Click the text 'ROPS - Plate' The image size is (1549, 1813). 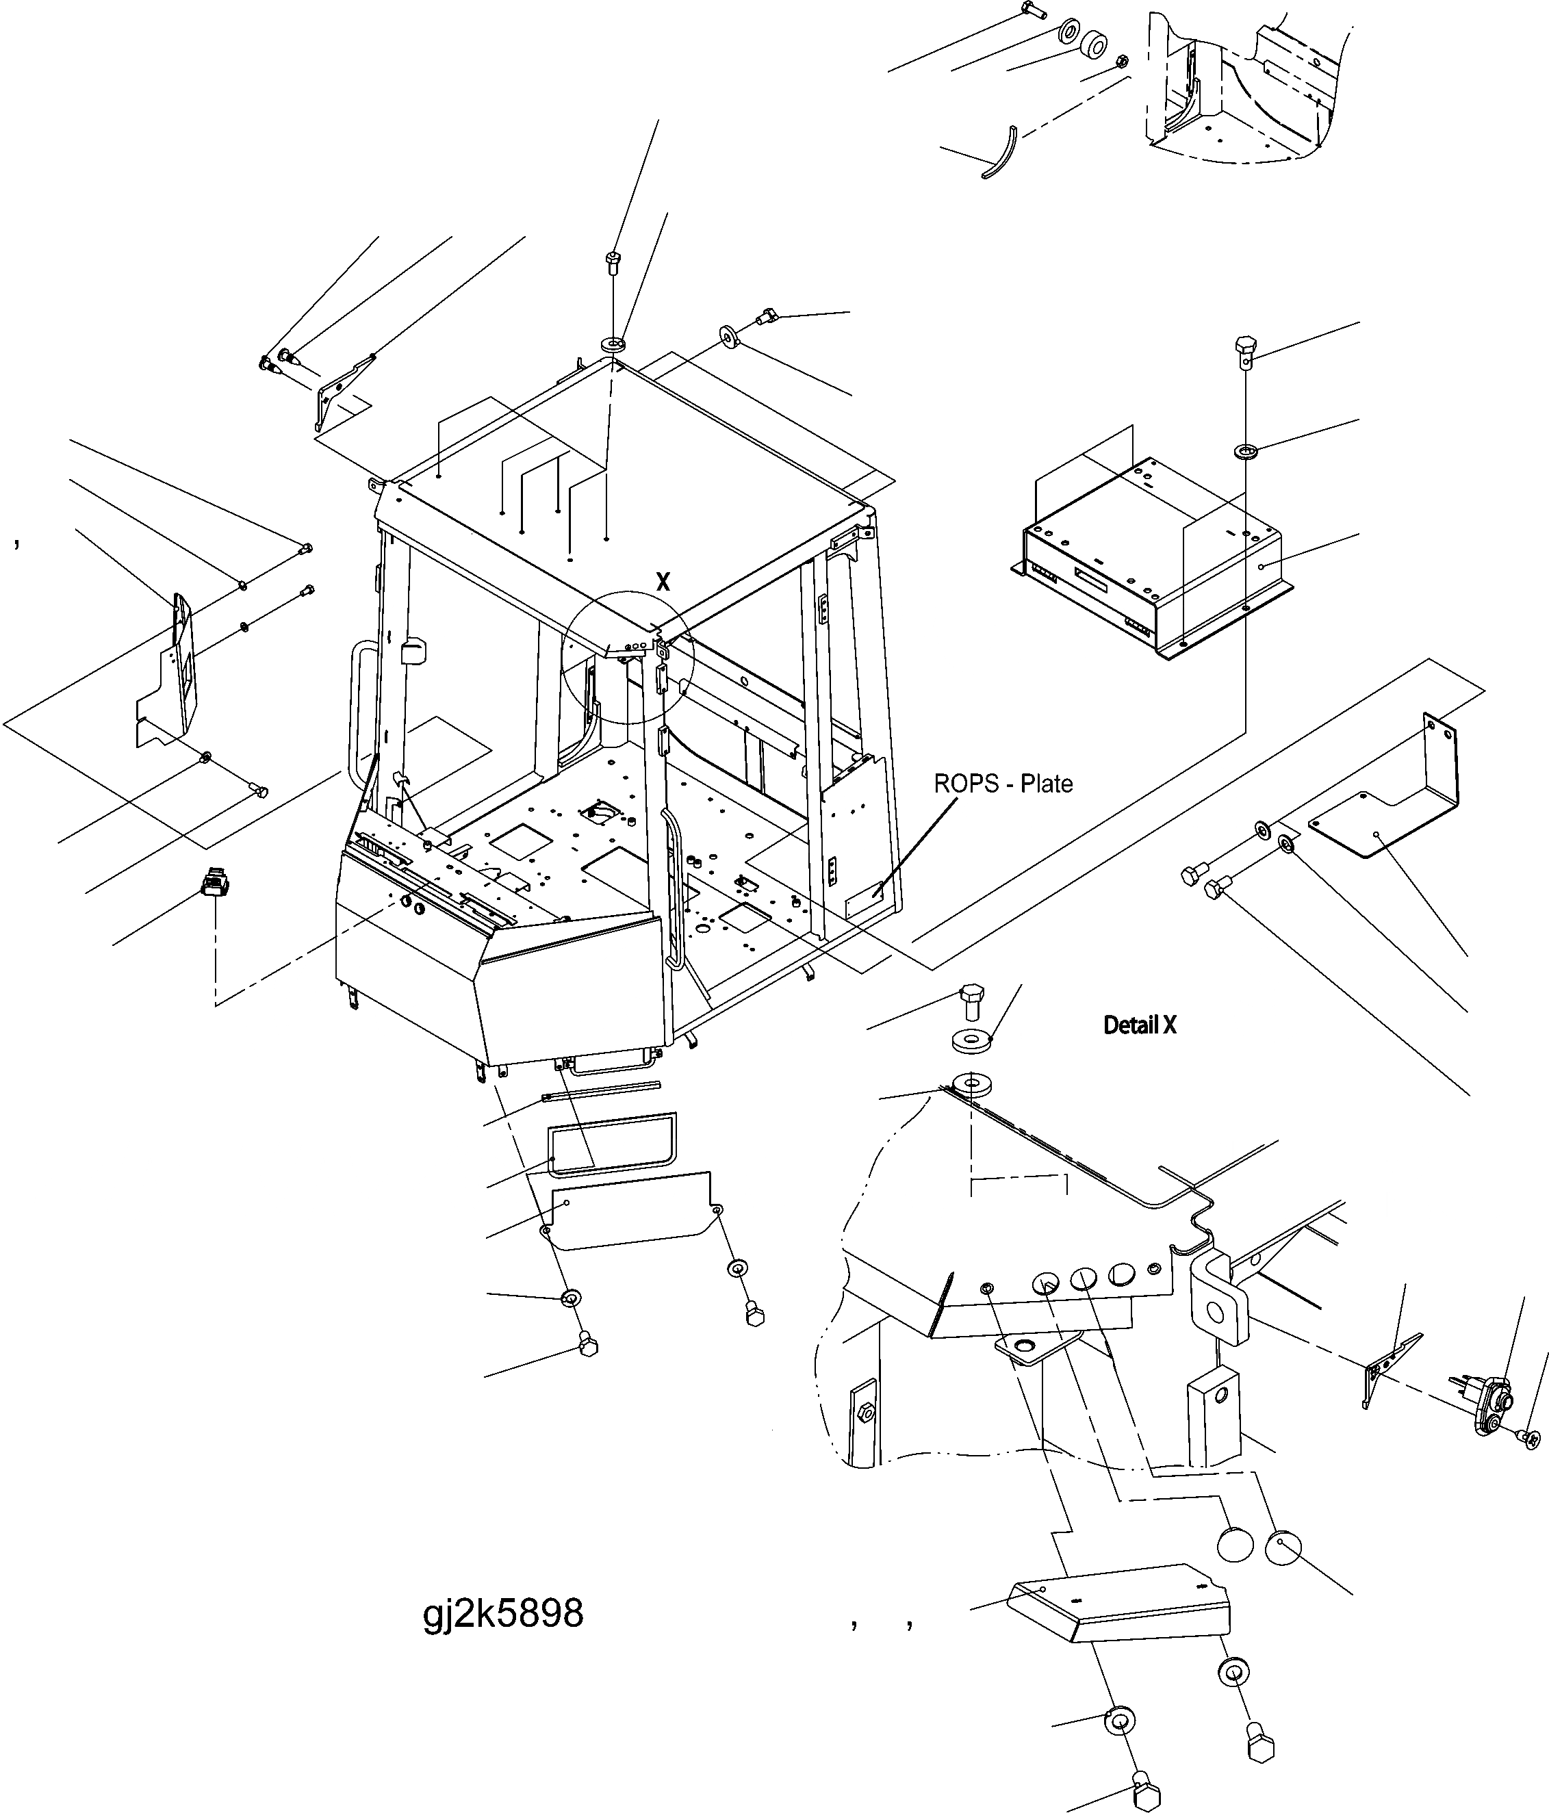[x=1003, y=783]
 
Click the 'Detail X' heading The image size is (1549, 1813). [x=1140, y=1025]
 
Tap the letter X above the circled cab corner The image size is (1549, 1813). [x=663, y=582]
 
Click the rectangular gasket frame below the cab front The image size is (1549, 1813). [x=612, y=1142]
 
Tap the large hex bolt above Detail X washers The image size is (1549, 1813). [x=971, y=1001]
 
